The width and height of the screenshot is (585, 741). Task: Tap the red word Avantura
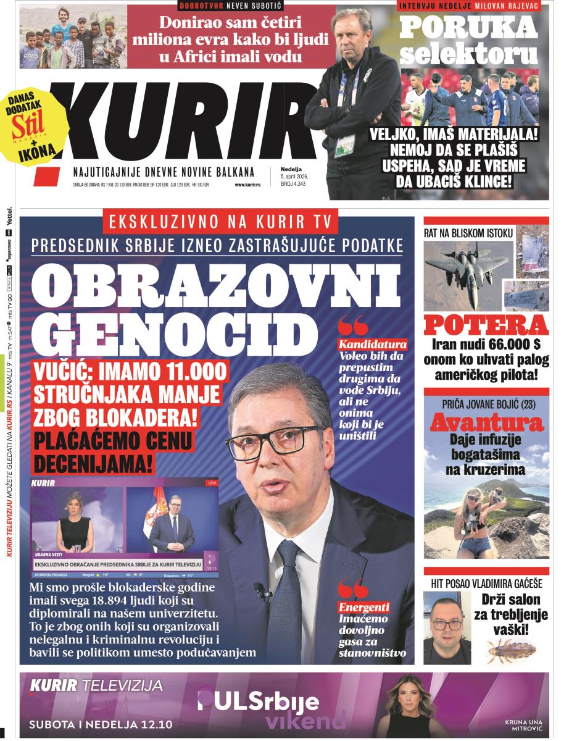tap(486, 423)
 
